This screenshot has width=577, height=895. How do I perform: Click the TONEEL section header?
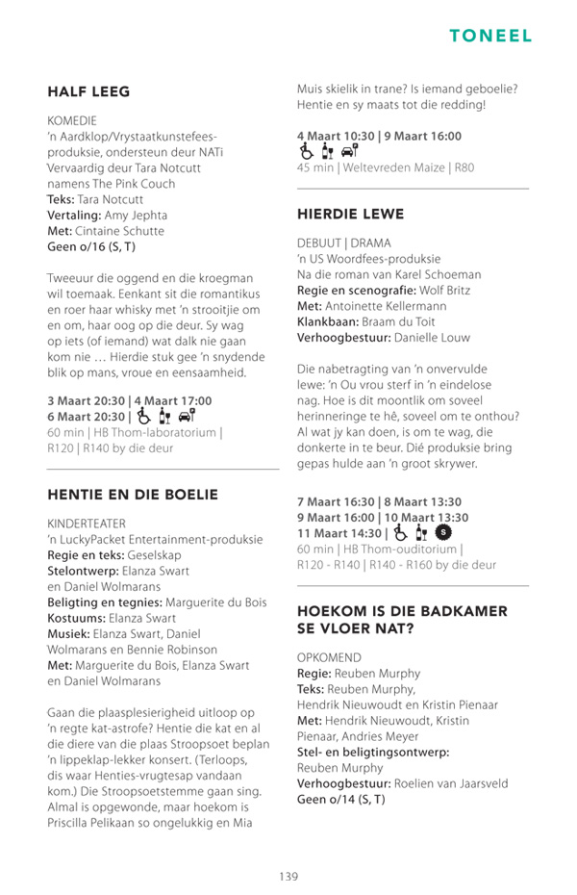coord(490,36)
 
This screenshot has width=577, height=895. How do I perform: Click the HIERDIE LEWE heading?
coord(350,214)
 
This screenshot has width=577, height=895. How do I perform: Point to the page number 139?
coord(288,876)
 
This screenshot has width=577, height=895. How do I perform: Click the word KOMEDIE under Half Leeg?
coord(72,121)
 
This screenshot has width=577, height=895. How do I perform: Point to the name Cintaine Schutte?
coord(119,231)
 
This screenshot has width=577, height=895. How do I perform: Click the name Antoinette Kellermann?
coord(389,305)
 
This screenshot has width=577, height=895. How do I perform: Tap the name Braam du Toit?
coord(399,321)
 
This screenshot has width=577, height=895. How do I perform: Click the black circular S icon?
coord(443,532)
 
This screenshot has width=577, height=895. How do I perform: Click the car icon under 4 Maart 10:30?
coord(351,151)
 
